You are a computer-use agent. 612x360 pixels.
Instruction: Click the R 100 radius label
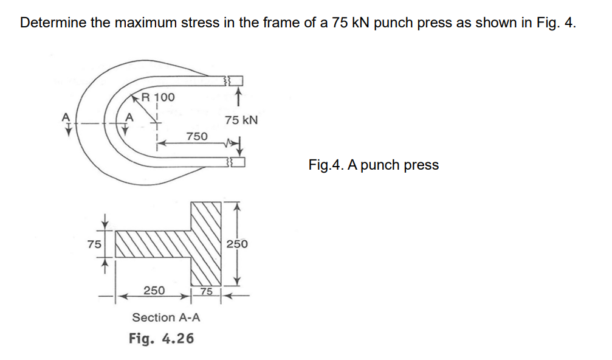point(157,97)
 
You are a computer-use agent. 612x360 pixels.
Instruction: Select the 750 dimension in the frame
point(196,136)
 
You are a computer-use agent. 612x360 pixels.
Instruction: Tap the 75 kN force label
point(241,120)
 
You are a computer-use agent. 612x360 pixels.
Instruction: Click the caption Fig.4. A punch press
point(373,165)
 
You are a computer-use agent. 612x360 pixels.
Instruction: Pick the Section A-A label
point(166,317)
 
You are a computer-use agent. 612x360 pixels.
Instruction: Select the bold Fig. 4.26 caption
point(162,337)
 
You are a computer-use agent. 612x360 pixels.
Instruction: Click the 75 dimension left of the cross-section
point(93,244)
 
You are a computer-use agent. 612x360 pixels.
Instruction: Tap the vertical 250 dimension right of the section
point(237,244)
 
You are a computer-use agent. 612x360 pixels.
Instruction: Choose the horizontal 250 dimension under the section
point(153,291)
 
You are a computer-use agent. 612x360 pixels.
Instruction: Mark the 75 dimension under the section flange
point(207,291)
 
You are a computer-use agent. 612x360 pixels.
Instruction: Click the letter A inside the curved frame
point(128,117)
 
